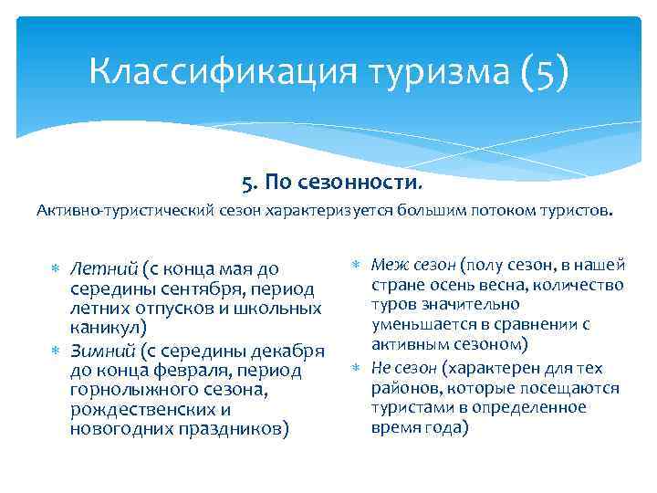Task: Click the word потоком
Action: coord(507,211)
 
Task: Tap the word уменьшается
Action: coord(426,323)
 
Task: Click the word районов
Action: coord(401,388)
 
